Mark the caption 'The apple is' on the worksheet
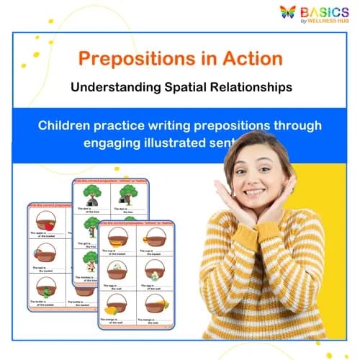[x=40, y=234]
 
